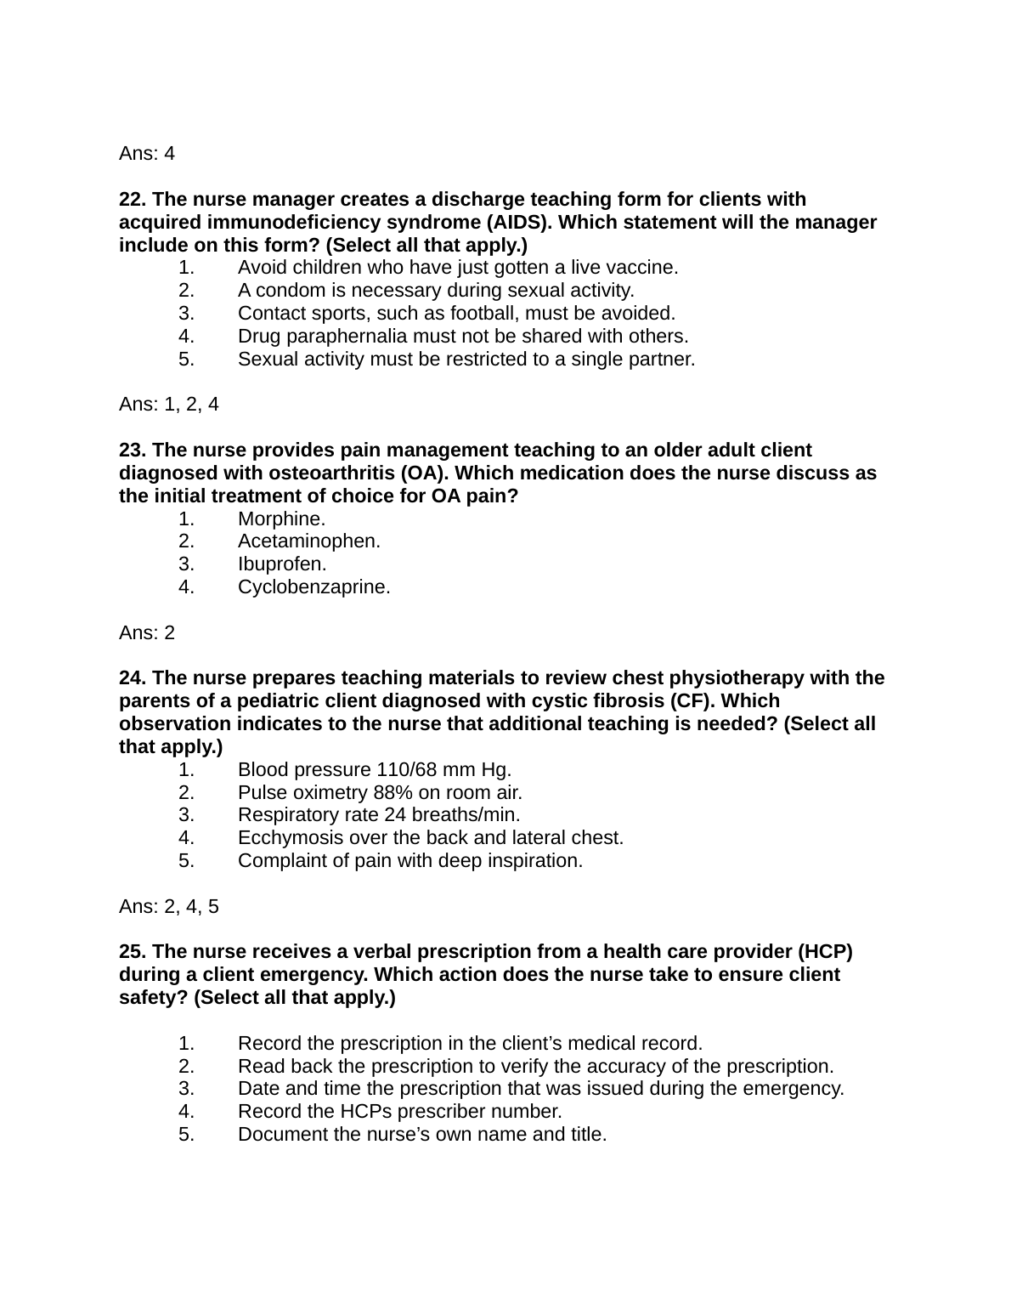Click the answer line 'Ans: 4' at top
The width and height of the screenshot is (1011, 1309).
click(147, 154)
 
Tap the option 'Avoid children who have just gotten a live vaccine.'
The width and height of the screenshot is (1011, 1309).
click(457, 268)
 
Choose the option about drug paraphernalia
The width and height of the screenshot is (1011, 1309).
click(462, 337)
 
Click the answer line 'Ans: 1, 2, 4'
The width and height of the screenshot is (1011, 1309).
click(168, 405)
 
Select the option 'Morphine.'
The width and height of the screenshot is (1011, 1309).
click(281, 518)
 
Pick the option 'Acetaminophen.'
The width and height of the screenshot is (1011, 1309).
click(308, 541)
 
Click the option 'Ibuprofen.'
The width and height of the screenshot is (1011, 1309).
click(282, 564)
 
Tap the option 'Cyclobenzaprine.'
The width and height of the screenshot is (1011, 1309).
click(313, 587)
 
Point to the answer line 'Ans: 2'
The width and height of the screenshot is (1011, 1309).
click(147, 633)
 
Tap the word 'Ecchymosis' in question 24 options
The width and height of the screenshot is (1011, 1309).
click(282, 838)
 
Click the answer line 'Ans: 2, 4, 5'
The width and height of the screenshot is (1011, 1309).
click(168, 907)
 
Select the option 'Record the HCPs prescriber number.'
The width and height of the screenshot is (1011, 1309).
click(399, 1112)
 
